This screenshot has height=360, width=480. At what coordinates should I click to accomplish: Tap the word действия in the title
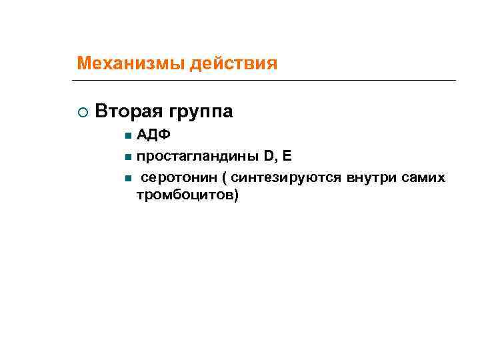coord(233,64)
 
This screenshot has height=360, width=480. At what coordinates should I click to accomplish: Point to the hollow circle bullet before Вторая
coord(81,112)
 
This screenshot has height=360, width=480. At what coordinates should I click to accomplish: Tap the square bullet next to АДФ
coord(127,136)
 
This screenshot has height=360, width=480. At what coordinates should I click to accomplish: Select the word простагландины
coord(197,157)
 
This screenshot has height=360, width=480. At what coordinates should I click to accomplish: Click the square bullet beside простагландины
coord(127,158)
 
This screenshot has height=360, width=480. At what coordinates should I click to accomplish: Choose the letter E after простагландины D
coord(287,157)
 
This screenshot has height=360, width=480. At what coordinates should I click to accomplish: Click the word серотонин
coord(178,178)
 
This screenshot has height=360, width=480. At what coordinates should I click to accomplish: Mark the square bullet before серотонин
coord(127,179)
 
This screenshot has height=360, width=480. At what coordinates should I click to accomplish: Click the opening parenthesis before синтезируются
coord(224,179)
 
